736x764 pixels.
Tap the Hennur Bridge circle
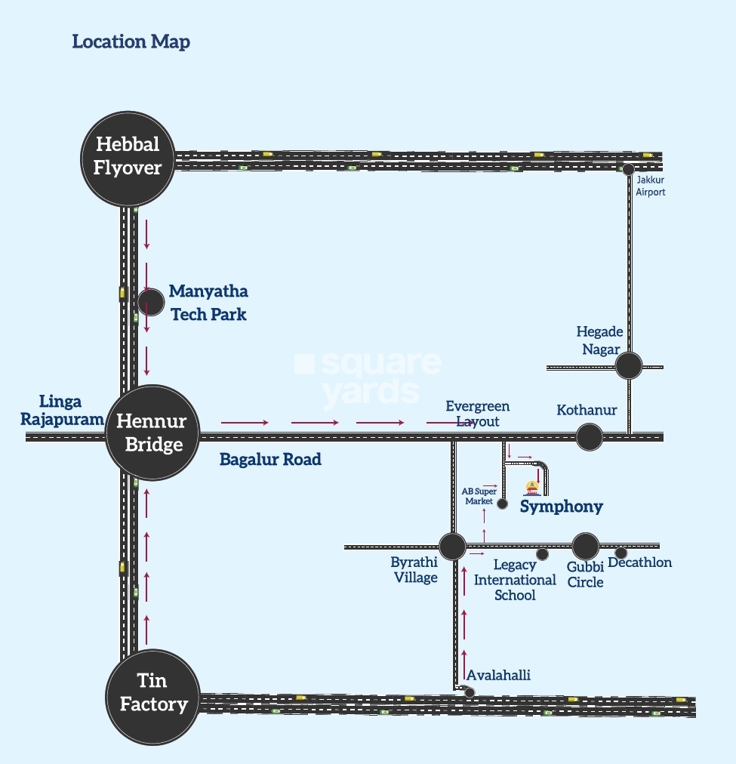tap(154, 433)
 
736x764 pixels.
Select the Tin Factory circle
tap(153, 695)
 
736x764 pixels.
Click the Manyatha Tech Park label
tap(208, 302)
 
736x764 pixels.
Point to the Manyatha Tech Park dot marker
tap(151, 302)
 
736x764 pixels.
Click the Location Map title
tap(131, 42)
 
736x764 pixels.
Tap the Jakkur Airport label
tap(650, 186)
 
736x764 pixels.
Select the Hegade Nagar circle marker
tap(628, 366)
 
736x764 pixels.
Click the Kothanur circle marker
tap(590, 436)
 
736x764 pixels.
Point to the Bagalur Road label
tap(270, 459)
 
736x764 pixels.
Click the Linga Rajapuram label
tap(62, 410)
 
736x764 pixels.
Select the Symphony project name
tap(562, 506)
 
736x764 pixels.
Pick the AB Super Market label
tap(478, 496)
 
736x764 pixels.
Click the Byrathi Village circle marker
tap(452, 546)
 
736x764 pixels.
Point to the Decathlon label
tap(639, 562)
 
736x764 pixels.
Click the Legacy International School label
tap(515, 580)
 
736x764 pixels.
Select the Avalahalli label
tap(498, 675)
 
